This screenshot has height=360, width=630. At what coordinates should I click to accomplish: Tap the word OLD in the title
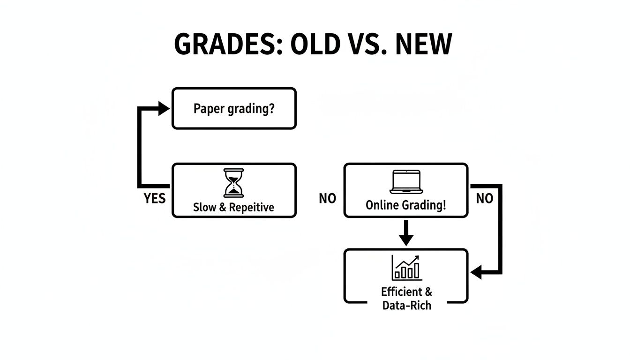coord(315,45)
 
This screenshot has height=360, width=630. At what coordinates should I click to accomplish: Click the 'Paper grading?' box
coord(234,108)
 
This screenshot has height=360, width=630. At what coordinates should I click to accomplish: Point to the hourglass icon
coord(234,183)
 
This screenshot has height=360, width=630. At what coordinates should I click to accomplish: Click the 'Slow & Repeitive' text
coord(233,207)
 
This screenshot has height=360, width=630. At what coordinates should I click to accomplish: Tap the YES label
coord(155,199)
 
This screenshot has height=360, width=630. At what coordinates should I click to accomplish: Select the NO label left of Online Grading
coord(327,199)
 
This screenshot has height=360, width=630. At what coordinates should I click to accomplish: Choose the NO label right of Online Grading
coord(485,199)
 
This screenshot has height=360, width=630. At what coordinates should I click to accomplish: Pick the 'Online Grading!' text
coord(406,205)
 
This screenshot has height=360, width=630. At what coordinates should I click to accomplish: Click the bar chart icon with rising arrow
coord(406,268)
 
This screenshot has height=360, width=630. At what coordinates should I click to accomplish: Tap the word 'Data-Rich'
coord(406,305)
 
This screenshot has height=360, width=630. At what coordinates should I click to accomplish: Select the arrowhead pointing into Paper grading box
coord(164,109)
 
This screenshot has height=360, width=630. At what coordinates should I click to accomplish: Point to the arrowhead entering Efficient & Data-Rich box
coord(476,272)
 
